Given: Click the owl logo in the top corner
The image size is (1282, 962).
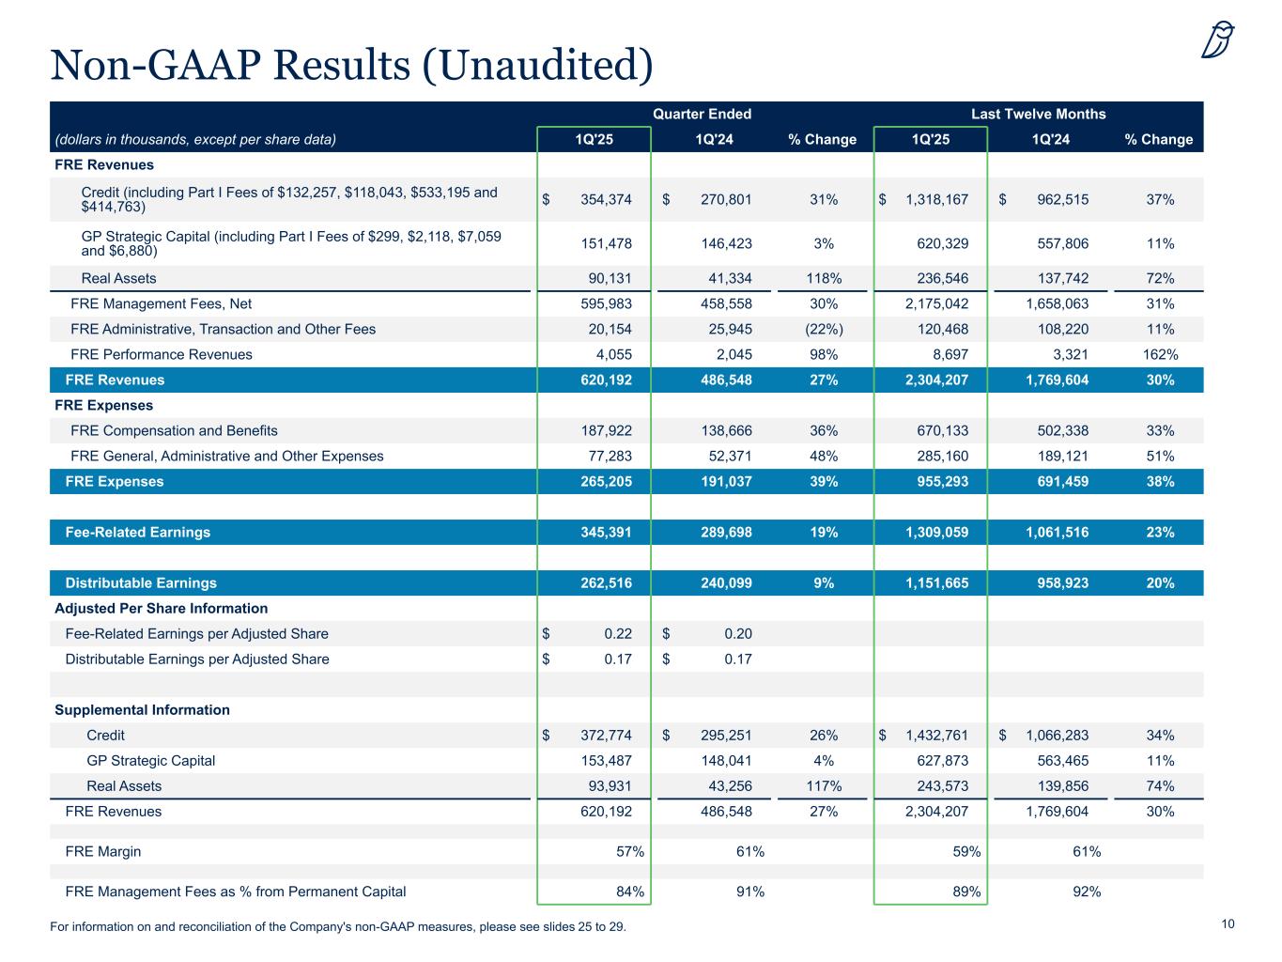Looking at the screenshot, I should tap(1217, 39).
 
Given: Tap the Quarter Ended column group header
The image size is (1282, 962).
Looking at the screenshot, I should tap(702, 114).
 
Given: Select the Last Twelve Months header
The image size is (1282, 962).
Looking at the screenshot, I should tap(1038, 114).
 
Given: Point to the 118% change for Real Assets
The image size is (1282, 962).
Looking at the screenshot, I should tap(824, 278).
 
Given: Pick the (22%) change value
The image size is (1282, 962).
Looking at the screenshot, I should tap(824, 329).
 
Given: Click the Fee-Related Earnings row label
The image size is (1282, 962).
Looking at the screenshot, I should tap(138, 532).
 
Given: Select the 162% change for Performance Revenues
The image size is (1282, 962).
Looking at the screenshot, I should tap(1160, 354).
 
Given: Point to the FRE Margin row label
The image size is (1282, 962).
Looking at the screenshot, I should tap(103, 851).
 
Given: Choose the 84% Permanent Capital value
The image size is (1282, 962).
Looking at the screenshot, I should tap(629, 892).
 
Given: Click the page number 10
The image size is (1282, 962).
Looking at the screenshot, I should tap(1228, 924).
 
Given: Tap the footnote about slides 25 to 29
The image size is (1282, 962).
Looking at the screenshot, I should tap(338, 927).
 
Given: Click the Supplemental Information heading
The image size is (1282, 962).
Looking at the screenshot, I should tap(142, 709).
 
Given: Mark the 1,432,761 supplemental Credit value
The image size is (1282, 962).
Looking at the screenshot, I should tap(935, 735).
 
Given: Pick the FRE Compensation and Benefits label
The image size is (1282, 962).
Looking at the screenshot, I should tap(174, 430).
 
